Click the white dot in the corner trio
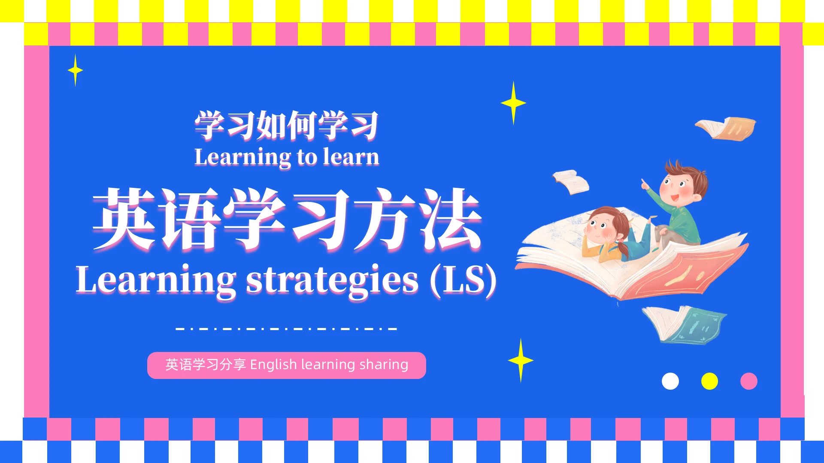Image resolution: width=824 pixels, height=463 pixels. pos(670,381)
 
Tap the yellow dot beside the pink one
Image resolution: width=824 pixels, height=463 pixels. pos(709,381)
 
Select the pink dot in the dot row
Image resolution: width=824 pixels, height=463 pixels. pos(749,381)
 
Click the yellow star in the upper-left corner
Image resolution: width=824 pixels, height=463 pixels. pos(75,70)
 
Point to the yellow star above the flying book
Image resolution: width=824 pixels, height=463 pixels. pos(513,103)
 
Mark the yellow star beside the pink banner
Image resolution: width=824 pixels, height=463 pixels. pos(521,361)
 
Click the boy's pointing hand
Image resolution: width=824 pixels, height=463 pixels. pos(645,184)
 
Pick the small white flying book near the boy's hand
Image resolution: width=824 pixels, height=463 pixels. pos(571,181)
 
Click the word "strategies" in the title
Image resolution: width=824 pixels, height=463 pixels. pos(332,280)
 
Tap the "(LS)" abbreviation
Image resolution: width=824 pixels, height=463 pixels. pos(463,280)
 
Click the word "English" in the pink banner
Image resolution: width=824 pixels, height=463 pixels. pos(273,365)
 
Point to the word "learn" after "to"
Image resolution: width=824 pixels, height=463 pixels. pos(351,157)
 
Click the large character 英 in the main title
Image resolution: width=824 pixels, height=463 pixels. pos(124,219)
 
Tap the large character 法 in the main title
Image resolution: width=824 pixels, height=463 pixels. pos(451,219)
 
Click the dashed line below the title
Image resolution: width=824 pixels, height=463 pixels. pos(287,329)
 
